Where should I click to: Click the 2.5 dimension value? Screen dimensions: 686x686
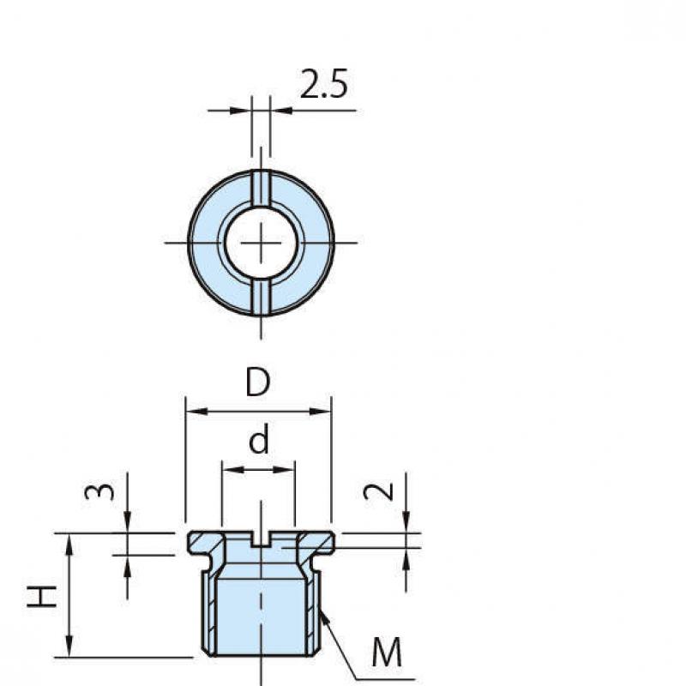pyautogui.click(x=324, y=83)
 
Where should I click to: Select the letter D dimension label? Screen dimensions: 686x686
pyautogui.click(x=258, y=382)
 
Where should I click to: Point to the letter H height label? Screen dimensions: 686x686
pyautogui.click(x=41, y=596)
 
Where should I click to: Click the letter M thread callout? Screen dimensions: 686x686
pyautogui.click(x=387, y=652)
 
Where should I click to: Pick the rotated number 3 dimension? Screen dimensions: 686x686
pyautogui.click(x=99, y=491)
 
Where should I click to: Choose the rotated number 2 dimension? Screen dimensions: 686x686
pyautogui.click(x=378, y=491)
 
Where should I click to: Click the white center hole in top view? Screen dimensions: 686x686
pyautogui.click(x=262, y=243)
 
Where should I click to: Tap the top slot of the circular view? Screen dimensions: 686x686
pyautogui.click(x=262, y=187)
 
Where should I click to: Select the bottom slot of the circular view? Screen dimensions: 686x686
pyautogui.click(x=262, y=298)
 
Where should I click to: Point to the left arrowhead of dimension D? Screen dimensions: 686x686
pyautogui.click(x=197, y=412)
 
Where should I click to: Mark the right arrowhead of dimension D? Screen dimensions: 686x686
pyautogui.click(x=320, y=412)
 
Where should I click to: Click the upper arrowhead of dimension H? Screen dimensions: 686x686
pyautogui.click(x=69, y=545)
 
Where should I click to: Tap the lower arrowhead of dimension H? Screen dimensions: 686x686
pyautogui.click(x=69, y=647)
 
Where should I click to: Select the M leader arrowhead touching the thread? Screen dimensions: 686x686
pyautogui.click(x=324, y=617)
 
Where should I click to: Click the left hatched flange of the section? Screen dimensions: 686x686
pyautogui.click(x=207, y=543)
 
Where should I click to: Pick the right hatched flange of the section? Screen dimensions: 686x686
pyautogui.click(x=316, y=543)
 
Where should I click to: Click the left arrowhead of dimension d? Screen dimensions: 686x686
pyautogui.click(x=232, y=470)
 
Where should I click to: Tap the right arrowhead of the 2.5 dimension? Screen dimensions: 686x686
pyautogui.click(x=282, y=111)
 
